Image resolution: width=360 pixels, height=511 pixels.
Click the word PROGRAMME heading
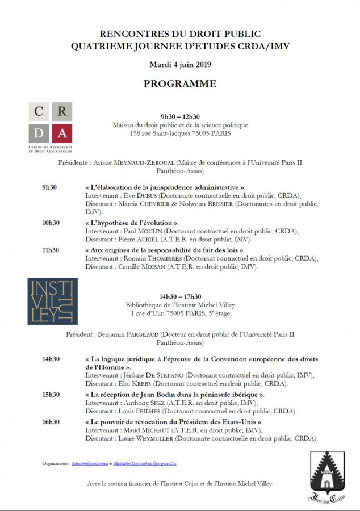(179, 84)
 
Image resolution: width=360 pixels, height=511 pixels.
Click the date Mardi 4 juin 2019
(179, 64)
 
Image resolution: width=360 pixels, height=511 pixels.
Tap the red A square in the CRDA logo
(62, 134)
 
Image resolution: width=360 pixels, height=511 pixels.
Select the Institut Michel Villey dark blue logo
(52, 301)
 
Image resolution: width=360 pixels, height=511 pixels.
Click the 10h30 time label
(51, 223)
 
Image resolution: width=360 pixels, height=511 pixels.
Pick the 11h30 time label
(51, 250)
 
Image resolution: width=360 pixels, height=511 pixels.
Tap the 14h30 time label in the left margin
(51, 359)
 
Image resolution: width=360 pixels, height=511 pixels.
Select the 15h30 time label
(51, 395)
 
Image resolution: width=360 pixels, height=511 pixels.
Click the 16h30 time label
(51, 422)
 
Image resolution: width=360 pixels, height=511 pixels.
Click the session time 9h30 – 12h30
(179, 117)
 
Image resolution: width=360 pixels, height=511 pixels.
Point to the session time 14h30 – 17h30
(179, 296)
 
